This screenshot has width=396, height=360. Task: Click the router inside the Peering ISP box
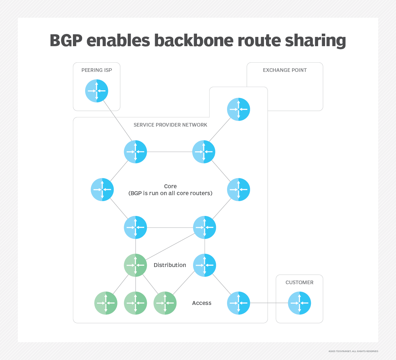[97, 91]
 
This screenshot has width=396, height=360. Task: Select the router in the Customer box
[299, 303]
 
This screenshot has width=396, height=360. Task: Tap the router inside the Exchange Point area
[239, 109]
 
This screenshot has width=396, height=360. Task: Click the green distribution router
[135, 265]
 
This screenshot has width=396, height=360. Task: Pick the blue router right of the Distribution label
[205, 265]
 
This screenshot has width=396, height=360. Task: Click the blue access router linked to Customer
[239, 303]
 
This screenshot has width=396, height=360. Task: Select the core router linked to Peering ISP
[135, 152]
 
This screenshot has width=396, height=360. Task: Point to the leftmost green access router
[106, 303]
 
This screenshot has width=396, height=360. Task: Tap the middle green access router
[135, 303]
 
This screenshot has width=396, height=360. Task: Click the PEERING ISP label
[97, 70]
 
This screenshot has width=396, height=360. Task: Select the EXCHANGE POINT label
[285, 70]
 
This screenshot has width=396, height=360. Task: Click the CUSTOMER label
[299, 283]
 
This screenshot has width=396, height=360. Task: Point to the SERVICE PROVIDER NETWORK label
[170, 125]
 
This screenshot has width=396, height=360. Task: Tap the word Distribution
[170, 265]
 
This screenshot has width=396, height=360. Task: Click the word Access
[202, 303]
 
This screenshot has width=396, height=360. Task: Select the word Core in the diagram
[170, 186]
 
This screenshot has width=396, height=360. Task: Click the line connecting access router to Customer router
[269, 303]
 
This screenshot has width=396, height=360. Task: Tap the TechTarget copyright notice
[353, 351]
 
